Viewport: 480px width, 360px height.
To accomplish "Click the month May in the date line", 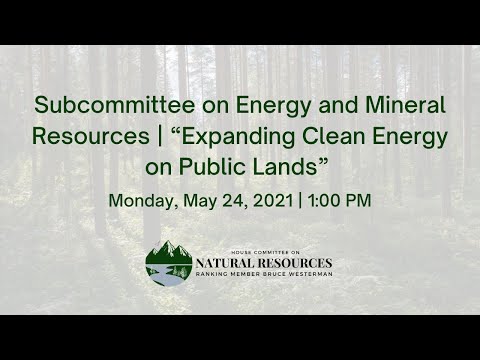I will [x=199, y=200].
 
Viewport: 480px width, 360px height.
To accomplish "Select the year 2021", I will [x=272, y=200].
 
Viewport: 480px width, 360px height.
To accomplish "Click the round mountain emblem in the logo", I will [x=169, y=263].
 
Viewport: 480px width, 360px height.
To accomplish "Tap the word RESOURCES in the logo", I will [x=294, y=264].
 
